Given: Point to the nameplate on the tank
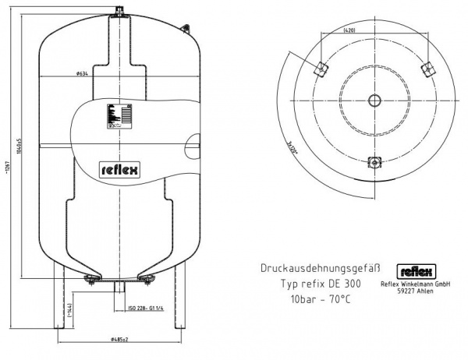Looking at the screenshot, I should [117, 115].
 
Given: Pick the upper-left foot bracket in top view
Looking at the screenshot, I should [319, 69].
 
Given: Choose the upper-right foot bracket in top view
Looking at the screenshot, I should [426, 69].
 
